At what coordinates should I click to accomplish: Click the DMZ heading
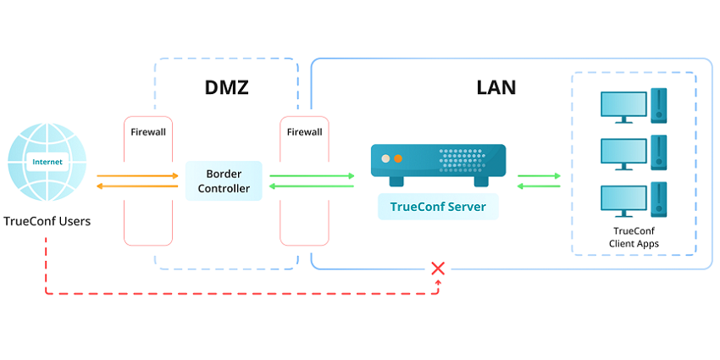click(x=226, y=87)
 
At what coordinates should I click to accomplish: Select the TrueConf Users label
click(x=47, y=222)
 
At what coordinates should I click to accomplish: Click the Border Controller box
click(x=224, y=180)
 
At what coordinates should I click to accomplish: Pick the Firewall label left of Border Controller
click(x=148, y=132)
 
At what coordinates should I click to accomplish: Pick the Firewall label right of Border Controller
click(x=304, y=132)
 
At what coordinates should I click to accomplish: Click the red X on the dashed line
click(x=438, y=269)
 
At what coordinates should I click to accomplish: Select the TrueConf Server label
click(x=438, y=206)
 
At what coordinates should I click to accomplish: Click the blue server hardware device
click(x=438, y=163)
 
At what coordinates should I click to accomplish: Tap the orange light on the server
click(x=398, y=158)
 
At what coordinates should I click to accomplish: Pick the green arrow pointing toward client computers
click(x=539, y=176)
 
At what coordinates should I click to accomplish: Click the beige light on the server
click(x=385, y=158)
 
